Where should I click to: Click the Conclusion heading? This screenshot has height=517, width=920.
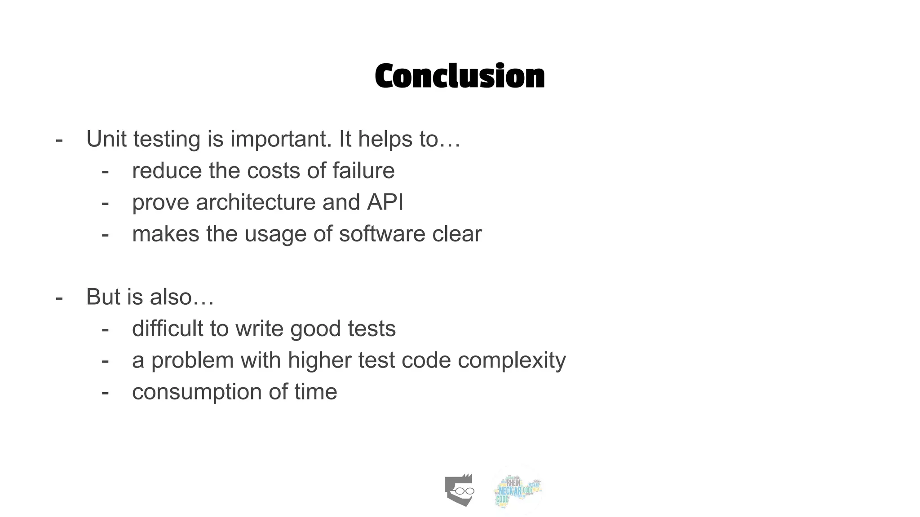[x=460, y=76]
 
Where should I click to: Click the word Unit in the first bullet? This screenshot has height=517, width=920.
[x=106, y=139]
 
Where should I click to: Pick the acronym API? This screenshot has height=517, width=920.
[x=385, y=202]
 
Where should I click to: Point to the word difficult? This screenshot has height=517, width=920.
[x=168, y=329]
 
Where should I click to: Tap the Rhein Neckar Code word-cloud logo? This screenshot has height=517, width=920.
[x=517, y=490]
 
